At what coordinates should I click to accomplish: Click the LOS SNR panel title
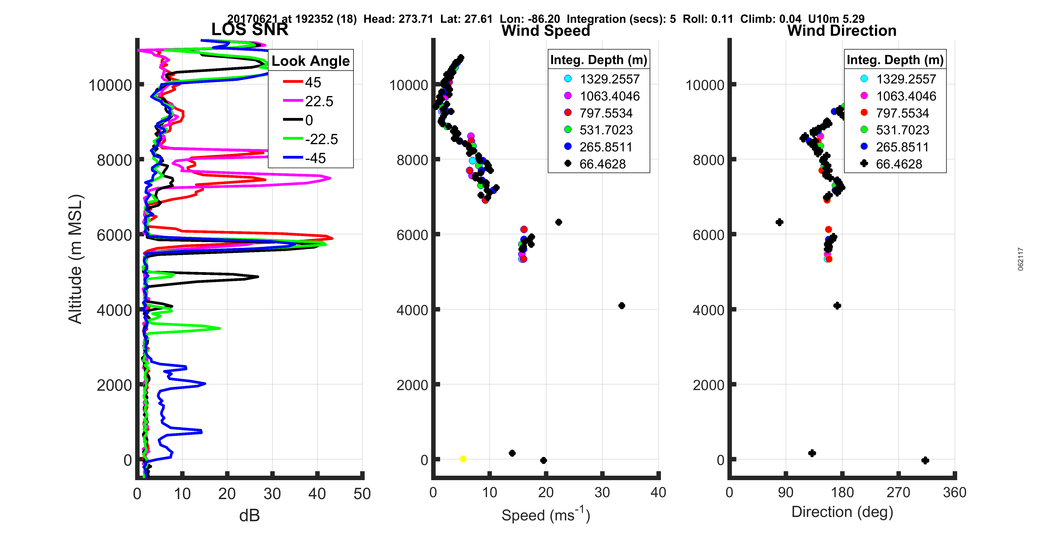[x=249, y=29]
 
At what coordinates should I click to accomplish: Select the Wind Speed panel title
[x=546, y=31]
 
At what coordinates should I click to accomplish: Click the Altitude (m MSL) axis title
[x=76, y=259]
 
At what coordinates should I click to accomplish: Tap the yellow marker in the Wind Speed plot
[x=463, y=459]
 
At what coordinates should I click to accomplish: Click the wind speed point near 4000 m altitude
[x=622, y=306]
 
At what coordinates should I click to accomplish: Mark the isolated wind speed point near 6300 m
[x=559, y=222]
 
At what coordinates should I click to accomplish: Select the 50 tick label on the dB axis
[x=362, y=494]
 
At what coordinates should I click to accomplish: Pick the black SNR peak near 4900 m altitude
[x=258, y=277]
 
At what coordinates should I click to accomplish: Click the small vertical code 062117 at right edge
[x=1021, y=259]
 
